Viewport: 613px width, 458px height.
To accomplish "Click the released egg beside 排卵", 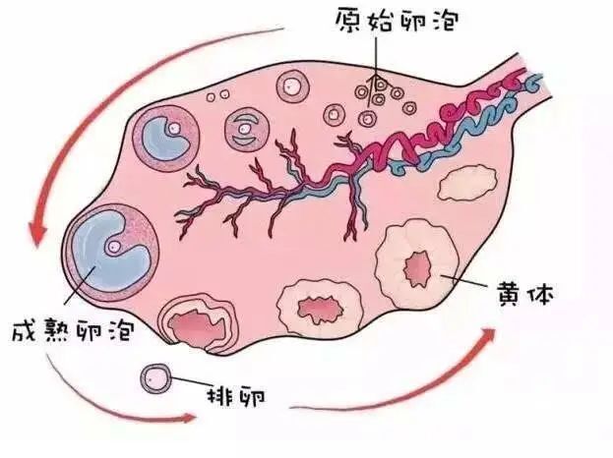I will (x=154, y=376).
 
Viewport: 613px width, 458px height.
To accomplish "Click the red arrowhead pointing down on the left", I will (x=38, y=235).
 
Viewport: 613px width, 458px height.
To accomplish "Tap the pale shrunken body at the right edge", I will (x=465, y=183).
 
